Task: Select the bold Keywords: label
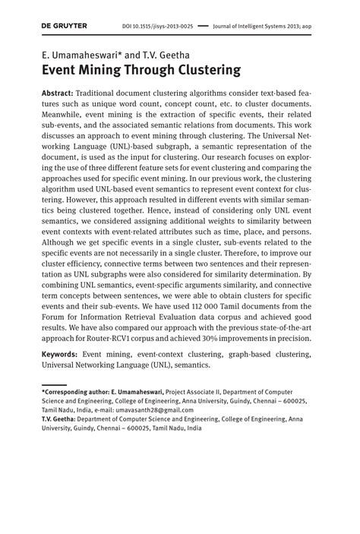pos(60,355)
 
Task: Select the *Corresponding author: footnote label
pos(75,392)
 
